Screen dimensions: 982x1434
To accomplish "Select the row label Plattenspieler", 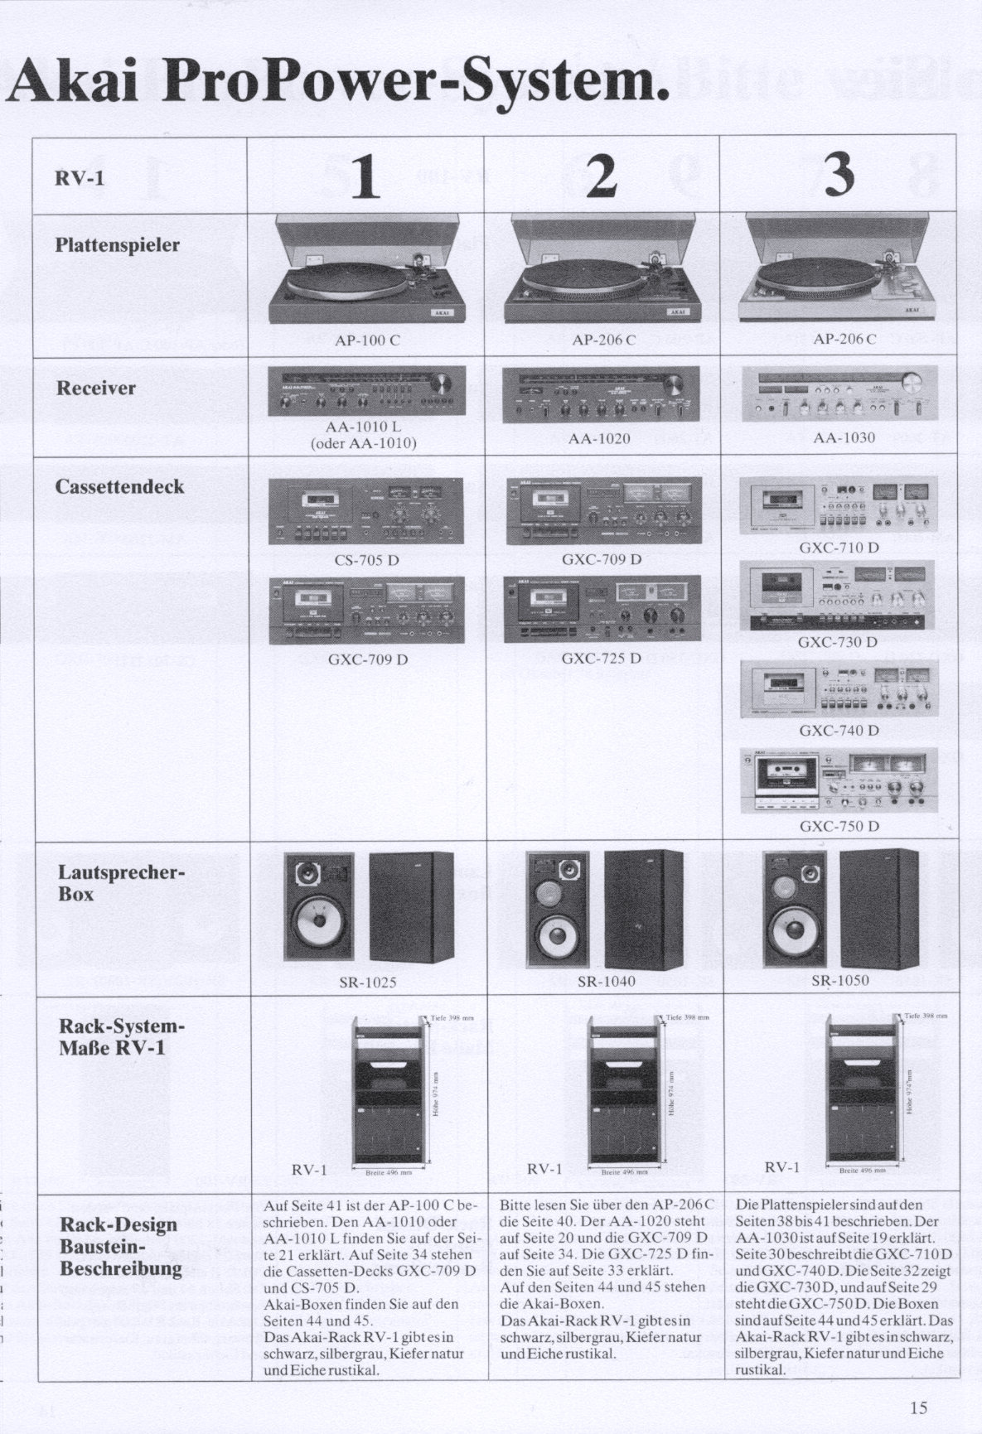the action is (117, 245).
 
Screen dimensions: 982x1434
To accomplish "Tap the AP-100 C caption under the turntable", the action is (368, 340).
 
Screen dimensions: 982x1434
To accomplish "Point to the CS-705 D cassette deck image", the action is (366, 512).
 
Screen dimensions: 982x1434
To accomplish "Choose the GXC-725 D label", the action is (602, 659).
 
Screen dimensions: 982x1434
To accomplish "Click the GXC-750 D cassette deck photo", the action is (839, 780).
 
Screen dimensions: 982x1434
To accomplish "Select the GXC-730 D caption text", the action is (838, 642).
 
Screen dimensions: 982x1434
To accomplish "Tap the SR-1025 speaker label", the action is (368, 983).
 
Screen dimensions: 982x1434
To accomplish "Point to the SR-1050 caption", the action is (840, 981).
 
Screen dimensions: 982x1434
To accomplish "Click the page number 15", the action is (917, 1407).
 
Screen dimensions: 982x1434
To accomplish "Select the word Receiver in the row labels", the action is (96, 388).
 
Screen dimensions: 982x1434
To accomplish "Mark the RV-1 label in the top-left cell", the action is (80, 178).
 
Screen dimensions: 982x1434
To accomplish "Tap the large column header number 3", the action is (839, 176).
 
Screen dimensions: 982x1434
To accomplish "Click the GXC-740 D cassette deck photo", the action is (839, 689).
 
